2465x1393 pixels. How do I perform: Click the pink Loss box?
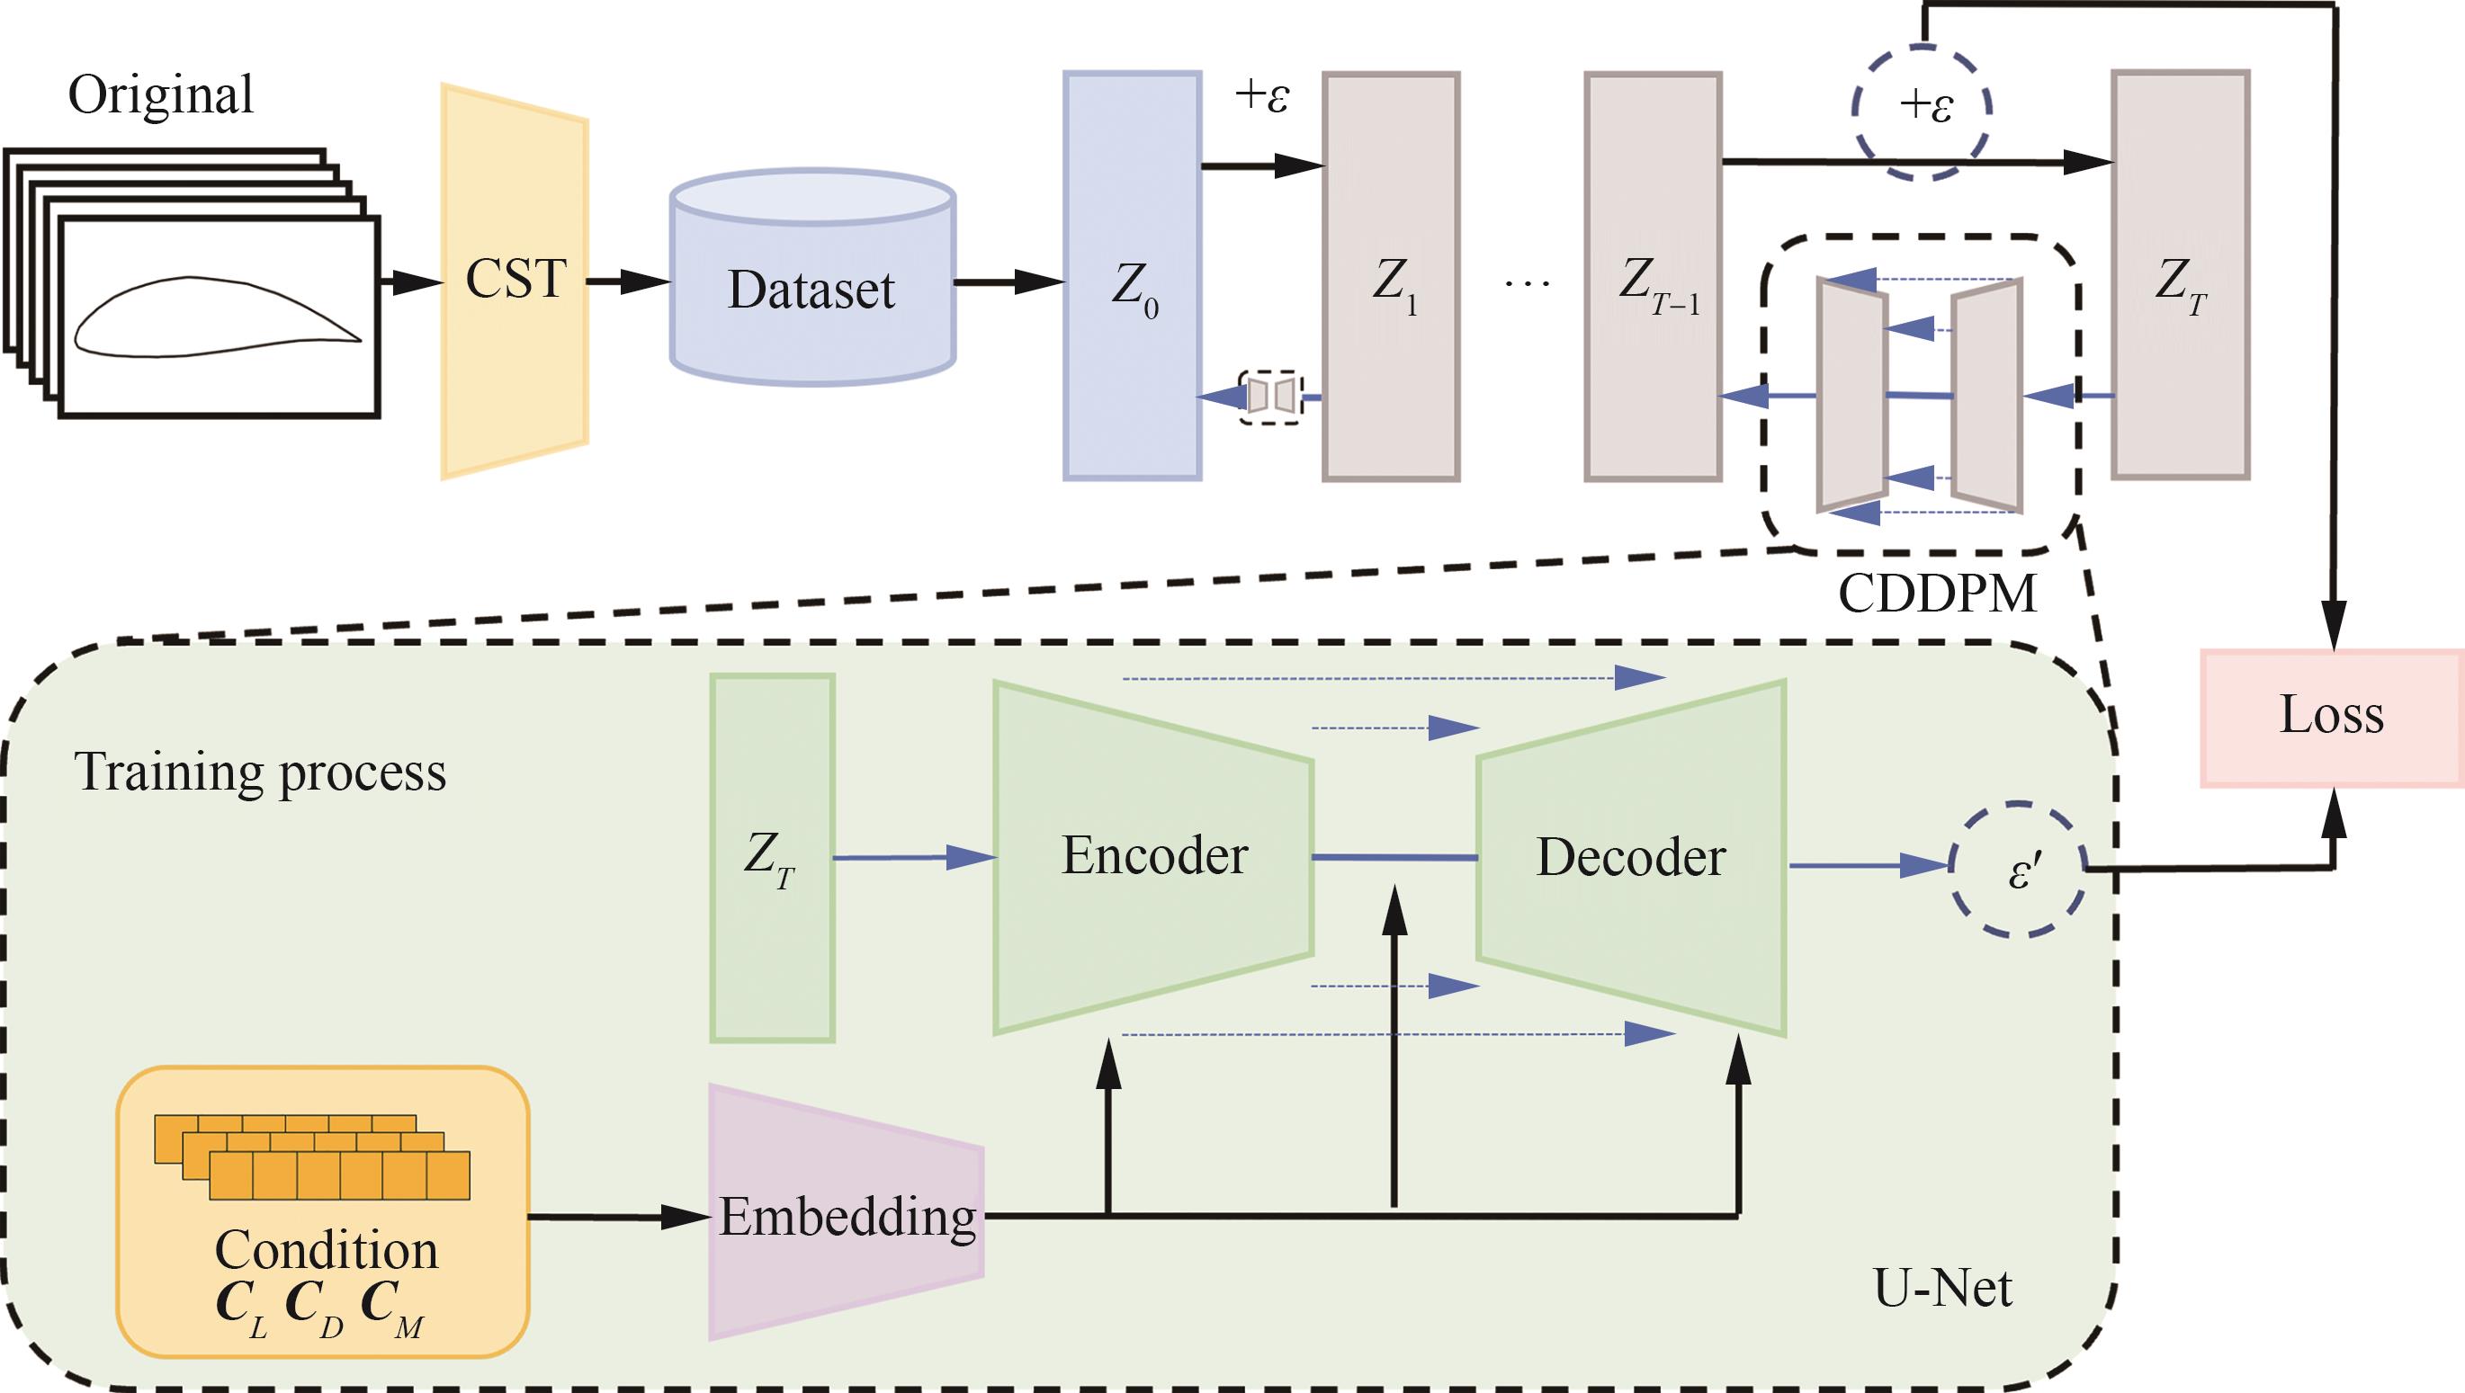2332,717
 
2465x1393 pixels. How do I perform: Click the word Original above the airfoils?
160,94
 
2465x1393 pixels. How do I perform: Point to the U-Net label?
1942,1289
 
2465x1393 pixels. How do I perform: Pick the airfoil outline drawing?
219,317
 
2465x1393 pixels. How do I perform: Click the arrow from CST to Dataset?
628,282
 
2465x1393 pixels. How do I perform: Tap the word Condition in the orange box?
327,1249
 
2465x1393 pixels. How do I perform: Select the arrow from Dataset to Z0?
1008,282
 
